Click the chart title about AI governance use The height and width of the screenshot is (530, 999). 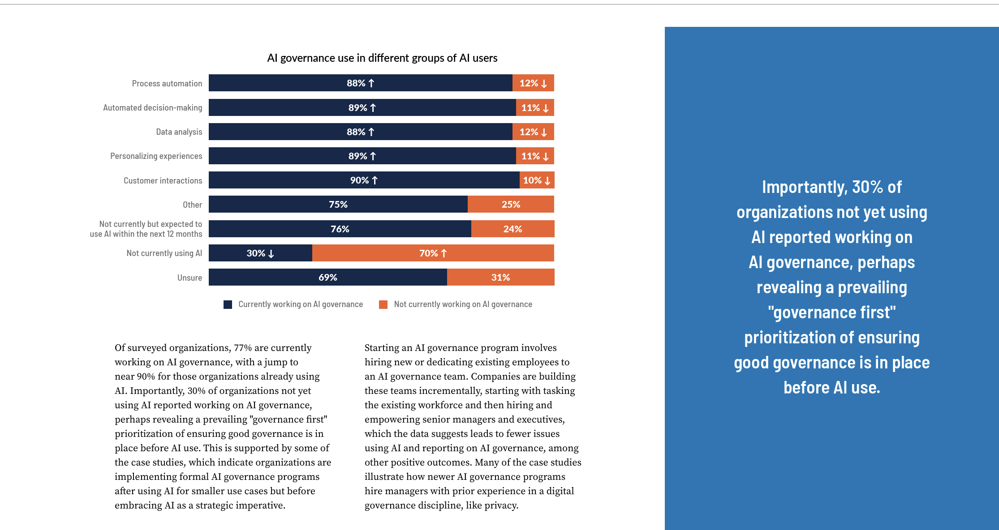click(x=382, y=58)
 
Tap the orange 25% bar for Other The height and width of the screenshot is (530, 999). click(x=511, y=205)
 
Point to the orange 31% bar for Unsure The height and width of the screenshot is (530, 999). click(x=500, y=278)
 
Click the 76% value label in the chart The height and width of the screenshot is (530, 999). click(x=340, y=229)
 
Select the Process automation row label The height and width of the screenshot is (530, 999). click(x=167, y=84)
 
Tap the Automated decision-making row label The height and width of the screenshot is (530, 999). click(x=152, y=108)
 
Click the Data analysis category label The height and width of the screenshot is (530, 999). click(x=179, y=132)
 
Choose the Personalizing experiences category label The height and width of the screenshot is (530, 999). click(x=156, y=156)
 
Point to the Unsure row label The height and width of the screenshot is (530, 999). click(x=189, y=278)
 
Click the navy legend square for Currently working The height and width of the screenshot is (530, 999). click(x=228, y=305)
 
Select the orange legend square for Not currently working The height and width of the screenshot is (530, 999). click(x=383, y=305)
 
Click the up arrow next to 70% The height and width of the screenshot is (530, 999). click(x=444, y=253)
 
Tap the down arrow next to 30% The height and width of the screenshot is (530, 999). click(x=271, y=254)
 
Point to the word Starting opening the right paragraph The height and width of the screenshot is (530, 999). click(x=381, y=348)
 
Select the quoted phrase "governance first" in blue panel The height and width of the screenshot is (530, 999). click(x=831, y=312)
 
